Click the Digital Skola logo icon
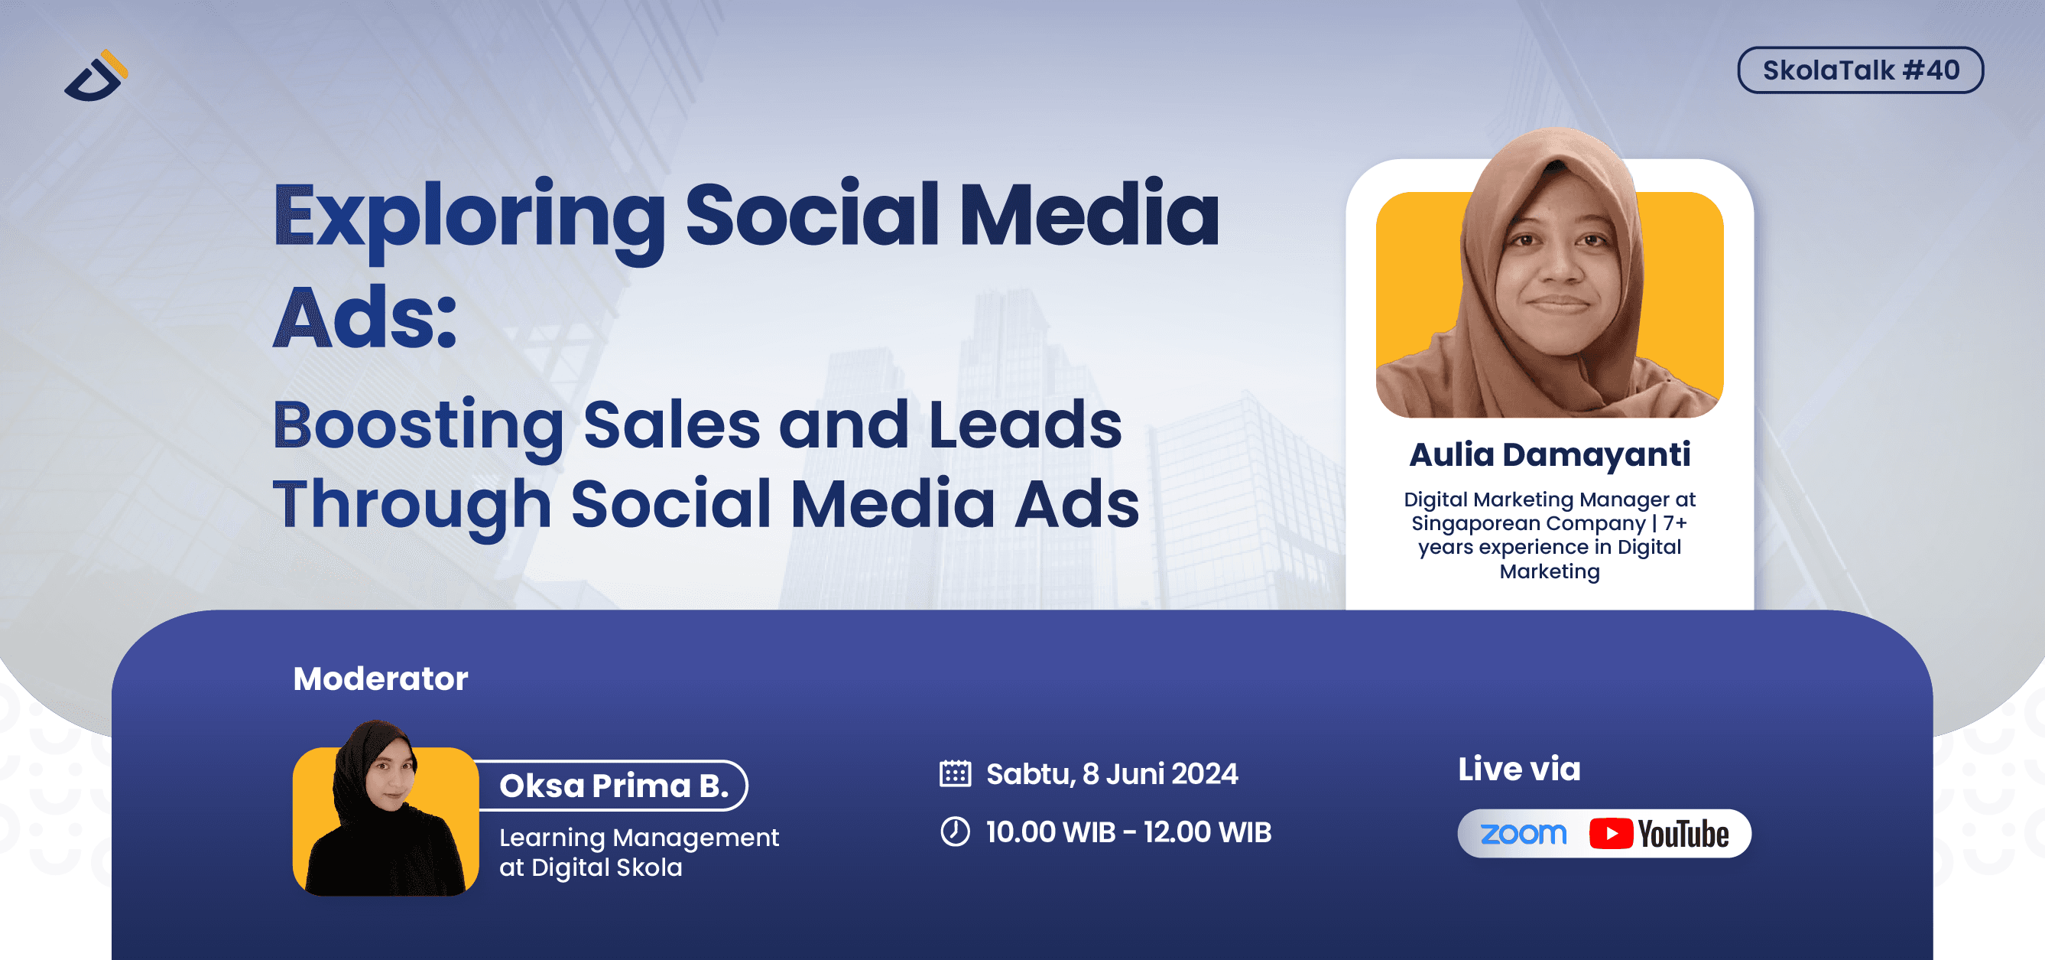96,77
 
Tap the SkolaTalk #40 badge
1859,70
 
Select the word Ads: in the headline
365,317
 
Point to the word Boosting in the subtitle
417,425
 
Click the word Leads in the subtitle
1024,425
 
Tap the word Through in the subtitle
412,505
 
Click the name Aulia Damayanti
1549,455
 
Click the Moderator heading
380,679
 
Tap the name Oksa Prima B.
613,786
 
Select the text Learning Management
638,837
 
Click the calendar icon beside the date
955,773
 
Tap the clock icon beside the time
955,831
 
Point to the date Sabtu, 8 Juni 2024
1112,773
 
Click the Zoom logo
1523,833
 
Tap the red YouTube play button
1610,833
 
